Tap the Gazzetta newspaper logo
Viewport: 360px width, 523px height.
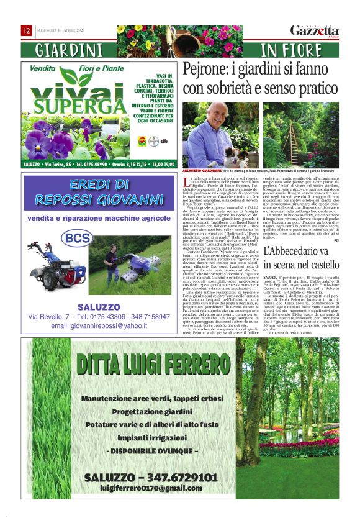(x=315, y=31)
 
